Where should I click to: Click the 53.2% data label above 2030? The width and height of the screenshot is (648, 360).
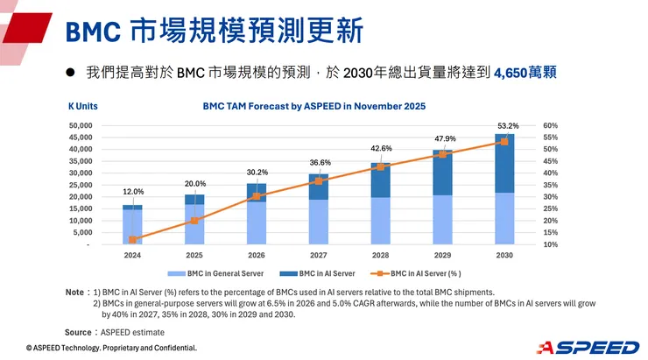(507, 126)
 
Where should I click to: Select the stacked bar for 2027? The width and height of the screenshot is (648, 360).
(319, 210)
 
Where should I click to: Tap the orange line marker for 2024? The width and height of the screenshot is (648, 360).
(132, 239)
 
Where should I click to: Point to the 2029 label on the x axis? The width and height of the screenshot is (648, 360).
(443, 255)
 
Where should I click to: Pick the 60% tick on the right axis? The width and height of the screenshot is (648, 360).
(551, 126)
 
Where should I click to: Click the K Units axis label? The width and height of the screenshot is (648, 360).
(82, 106)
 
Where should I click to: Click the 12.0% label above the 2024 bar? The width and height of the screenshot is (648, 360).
(133, 191)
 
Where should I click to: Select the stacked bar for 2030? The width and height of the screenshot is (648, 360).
(504, 189)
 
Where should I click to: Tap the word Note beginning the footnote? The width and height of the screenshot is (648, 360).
(74, 292)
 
